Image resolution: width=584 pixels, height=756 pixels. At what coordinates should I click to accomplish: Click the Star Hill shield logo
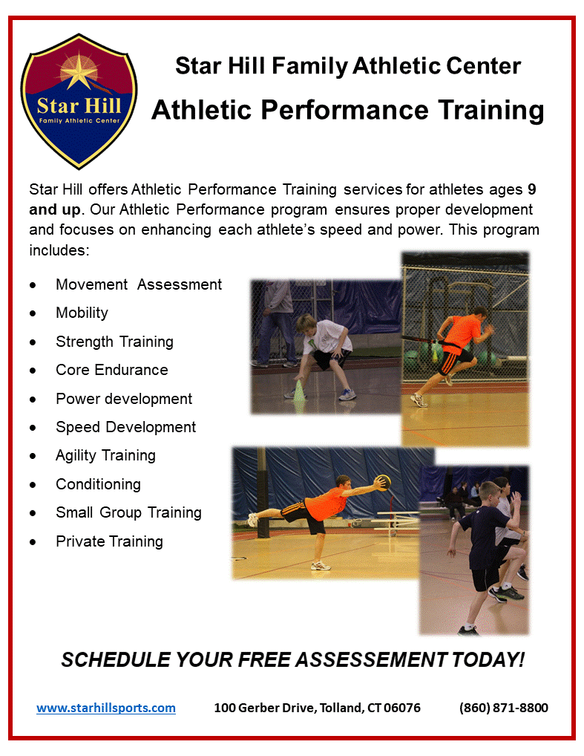(79, 101)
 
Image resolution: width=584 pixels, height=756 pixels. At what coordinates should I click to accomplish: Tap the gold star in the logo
(79, 71)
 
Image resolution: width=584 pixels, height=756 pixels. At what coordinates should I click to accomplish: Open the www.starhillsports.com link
(106, 708)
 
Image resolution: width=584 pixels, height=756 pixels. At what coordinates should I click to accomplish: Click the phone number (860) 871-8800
(504, 708)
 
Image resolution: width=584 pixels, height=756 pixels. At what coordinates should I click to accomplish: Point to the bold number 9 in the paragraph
(532, 189)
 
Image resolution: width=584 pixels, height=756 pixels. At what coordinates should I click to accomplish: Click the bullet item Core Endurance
(112, 370)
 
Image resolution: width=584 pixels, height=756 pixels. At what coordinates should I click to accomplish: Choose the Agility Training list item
(105, 456)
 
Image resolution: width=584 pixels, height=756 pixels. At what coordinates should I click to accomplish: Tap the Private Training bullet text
(109, 541)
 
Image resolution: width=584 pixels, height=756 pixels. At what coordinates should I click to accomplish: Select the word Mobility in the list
(82, 313)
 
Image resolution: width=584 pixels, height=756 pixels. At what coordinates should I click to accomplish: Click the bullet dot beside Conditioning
(33, 485)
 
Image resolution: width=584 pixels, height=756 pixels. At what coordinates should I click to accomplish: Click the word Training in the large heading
(491, 111)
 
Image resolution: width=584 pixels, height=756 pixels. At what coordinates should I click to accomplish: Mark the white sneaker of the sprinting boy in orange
(419, 400)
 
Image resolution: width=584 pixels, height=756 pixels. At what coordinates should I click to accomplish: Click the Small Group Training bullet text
(128, 512)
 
